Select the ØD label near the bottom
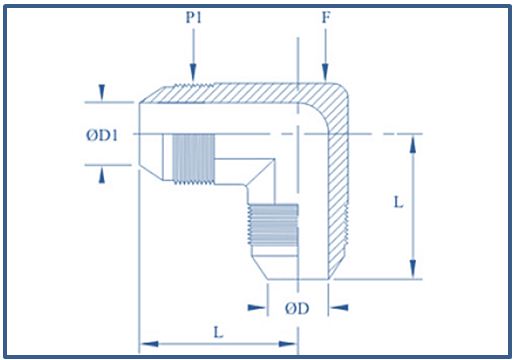click(297, 308)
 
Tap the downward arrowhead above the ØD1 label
click(103, 96)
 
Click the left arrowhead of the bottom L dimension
click(146, 346)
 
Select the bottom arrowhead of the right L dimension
click(412, 272)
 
